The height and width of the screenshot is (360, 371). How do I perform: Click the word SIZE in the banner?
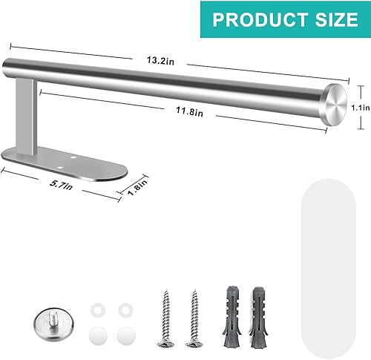(x=327, y=18)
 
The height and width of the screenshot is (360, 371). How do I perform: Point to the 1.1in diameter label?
(x=361, y=105)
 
